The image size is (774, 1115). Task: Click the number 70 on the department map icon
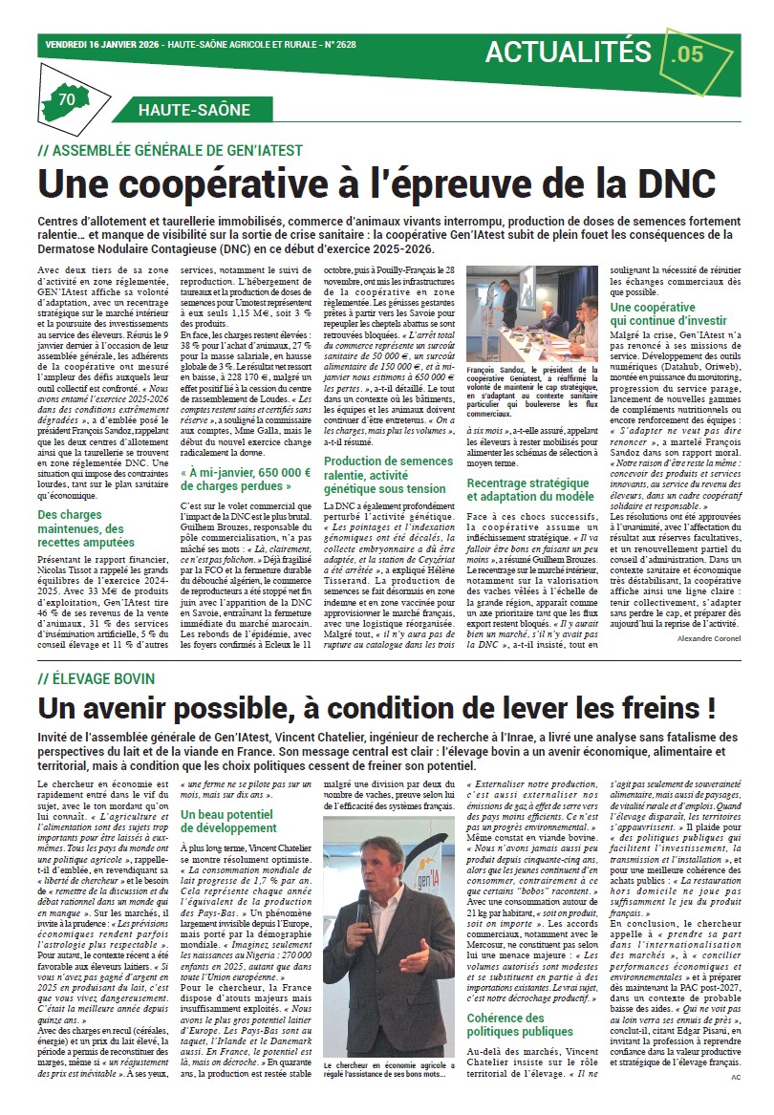(x=67, y=99)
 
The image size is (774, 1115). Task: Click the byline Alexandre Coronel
(x=702, y=638)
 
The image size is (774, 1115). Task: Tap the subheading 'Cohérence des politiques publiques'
(x=520, y=1025)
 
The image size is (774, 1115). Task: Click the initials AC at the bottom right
(x=736, y=1077)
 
